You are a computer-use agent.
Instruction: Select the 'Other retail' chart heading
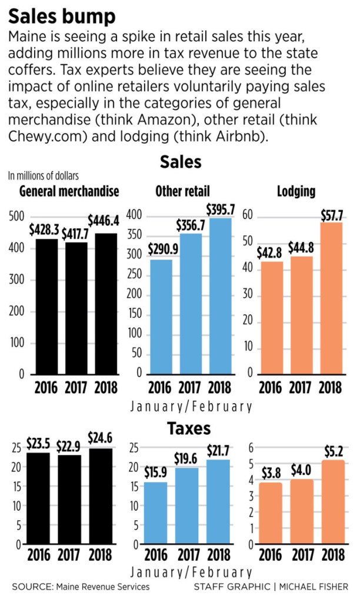[x=182, y=191]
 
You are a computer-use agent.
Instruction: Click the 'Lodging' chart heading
[x=298, y=191]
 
